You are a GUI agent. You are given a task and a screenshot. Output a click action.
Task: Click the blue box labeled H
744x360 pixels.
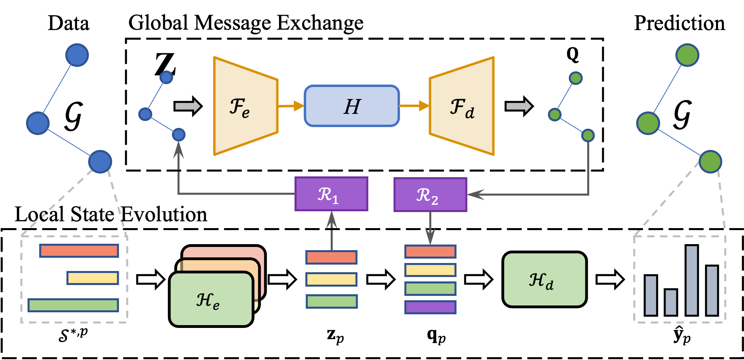click(x=352, y=106)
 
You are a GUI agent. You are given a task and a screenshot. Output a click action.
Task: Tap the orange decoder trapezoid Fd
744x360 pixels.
click(x=462, y=106)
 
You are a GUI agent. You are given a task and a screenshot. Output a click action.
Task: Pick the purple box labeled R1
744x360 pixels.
click(x=331, y=194)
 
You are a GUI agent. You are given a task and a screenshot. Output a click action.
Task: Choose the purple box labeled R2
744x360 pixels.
click(x=430, y=195)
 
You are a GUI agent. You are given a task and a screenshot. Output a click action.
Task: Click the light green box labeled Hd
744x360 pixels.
click(x=544, y=279)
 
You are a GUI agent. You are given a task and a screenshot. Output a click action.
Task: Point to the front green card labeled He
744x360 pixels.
click(x=211, y=299)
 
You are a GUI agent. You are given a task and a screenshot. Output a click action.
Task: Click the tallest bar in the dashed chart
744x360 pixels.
click(x=691, y=280)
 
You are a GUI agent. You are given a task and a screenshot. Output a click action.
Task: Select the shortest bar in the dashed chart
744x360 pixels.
click(x=671, y=302)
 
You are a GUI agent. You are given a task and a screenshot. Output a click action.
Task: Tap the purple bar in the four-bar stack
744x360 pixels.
click(x=430, y=307)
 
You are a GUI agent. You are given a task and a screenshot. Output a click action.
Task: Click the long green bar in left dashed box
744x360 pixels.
click(x=73, y=305)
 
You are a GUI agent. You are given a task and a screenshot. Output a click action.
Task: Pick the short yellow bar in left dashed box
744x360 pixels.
click(x=93, y=278)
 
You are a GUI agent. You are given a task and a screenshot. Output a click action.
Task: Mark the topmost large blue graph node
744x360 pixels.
click(x=77, y=55)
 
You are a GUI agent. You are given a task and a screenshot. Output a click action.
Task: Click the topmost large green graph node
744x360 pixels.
click(x=687, y=55)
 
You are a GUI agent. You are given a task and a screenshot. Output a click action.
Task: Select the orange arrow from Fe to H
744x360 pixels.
click(x=291, y=106)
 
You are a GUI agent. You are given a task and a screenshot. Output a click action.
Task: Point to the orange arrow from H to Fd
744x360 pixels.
click(x=414, y=106)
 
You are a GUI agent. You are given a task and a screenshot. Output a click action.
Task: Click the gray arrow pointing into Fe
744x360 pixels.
click(x=188, y=106)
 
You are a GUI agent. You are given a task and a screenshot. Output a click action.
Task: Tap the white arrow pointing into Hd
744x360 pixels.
click(x=478, y=279)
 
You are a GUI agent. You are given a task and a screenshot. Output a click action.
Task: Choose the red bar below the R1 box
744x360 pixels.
click(x=331, y=257)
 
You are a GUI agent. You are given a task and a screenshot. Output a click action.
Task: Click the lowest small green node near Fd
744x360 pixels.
click(x=588, y=136)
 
